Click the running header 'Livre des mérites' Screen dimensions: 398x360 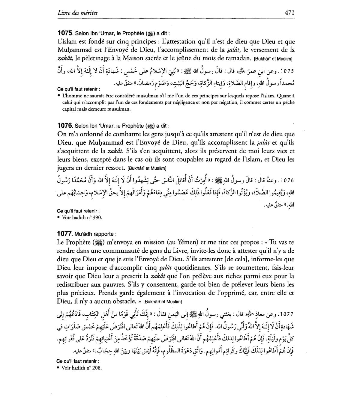pos(77,13)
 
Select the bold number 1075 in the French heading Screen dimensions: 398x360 pos(65,34)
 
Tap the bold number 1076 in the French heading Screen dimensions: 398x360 pos(65,126)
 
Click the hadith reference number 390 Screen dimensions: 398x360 pos(97,218)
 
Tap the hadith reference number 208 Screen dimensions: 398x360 pos(96,368)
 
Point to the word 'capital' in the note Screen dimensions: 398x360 pos(68,109)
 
